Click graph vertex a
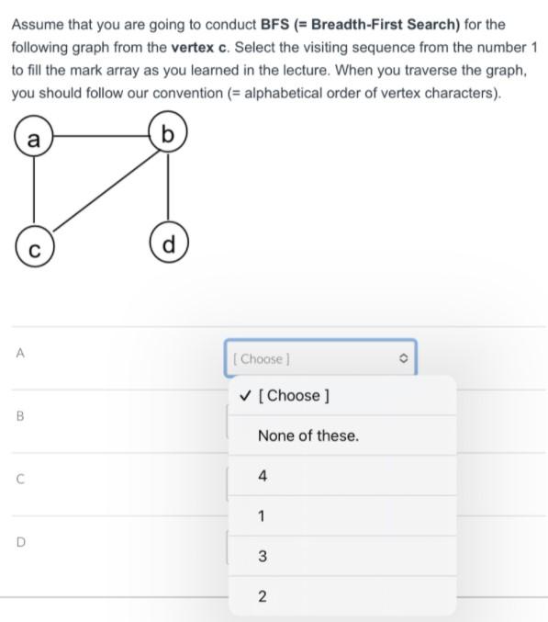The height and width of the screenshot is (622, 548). pyautogui.click(x=34, y=139)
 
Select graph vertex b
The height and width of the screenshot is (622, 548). pyautogui.click(x=167, y=135)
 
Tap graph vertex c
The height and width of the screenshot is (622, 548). pyautogui.click(x=34, y=248)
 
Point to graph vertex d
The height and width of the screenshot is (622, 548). pyautogui.click(x=167, y=244)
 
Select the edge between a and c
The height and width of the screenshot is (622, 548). pyautogui.click(x=34, y=193)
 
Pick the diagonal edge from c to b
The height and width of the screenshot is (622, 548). pyautogui.click(x=101, y=192)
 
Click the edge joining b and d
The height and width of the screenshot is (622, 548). pyautogui.click(x=167, y=189)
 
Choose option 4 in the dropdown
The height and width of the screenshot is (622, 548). pyautogui.click(x=263, y=476)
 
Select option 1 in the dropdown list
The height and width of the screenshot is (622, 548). pyautogui.click(x=262, y=516)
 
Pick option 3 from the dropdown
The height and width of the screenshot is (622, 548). pyautogui.click(x=263, y=556)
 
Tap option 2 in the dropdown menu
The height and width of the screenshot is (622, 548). pyautogui.click(x=263, y=597)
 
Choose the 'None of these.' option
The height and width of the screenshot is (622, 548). pyautogui.click(x=308, y=435)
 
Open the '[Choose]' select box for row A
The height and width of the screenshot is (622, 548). pyautogui.click(x=319, y=358)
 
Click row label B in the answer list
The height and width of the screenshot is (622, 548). pyautogui.click(x=18, y=415)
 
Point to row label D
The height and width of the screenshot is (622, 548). pyautogui.click(x=18, y=542)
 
